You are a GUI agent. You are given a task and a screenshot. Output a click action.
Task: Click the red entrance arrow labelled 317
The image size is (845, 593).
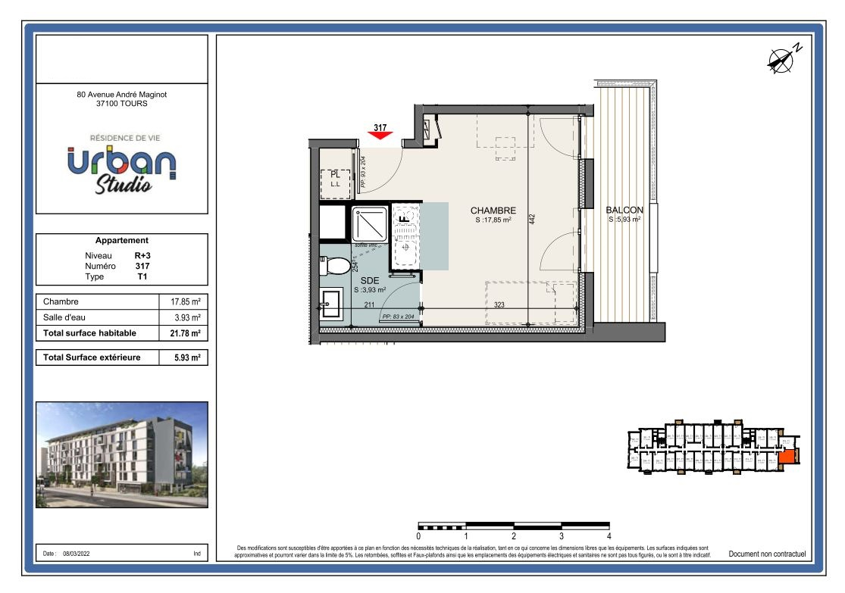380,134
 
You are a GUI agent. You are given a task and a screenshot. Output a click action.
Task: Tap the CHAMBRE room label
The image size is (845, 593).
493,211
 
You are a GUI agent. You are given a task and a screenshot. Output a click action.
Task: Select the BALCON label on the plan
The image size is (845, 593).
624,211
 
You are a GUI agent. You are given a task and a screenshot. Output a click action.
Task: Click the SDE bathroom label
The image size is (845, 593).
369,280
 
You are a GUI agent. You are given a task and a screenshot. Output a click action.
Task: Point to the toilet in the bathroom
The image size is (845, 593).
336,266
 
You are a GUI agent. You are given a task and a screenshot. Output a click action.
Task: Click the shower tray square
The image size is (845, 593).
370,223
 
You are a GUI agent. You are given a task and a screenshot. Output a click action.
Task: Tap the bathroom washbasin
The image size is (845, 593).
330,307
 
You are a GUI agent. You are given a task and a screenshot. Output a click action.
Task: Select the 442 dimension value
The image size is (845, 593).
532,219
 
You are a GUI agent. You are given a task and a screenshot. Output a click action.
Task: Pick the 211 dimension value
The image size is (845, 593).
369,305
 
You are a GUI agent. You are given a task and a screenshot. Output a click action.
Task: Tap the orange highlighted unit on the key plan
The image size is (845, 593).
787,457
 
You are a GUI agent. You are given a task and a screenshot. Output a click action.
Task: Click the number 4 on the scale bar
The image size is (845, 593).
609,536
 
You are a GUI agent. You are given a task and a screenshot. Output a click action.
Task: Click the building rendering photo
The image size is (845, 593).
122,454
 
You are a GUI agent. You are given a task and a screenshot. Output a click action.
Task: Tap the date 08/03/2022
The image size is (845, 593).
77,554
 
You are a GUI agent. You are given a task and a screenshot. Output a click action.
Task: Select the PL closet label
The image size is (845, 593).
335,175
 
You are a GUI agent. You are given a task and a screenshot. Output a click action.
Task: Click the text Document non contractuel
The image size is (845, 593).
766,554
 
